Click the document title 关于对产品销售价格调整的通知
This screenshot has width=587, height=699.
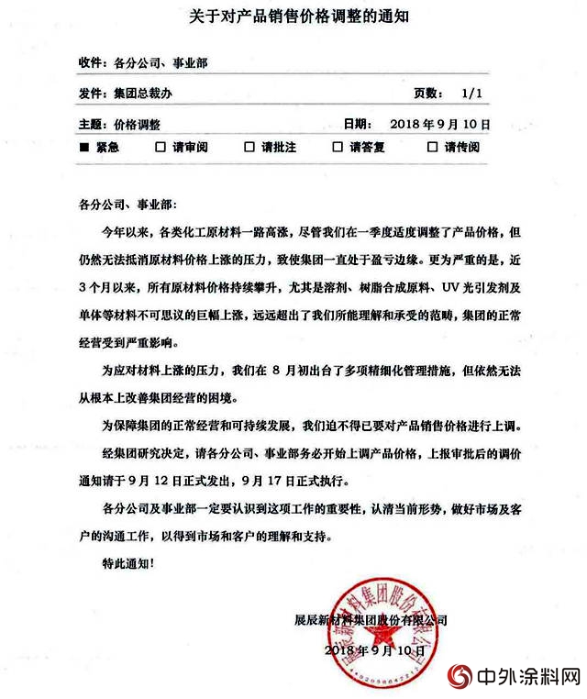293,16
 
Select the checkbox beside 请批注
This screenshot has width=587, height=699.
249,147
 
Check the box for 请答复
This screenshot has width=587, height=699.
337,147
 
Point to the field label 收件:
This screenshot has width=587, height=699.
93,63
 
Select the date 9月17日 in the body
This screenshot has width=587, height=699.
266,479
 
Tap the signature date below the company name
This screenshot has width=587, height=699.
369,649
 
